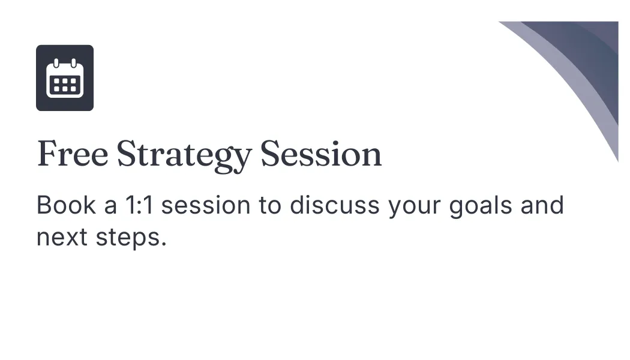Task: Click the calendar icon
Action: (65, 78)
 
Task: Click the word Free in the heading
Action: (73, 154)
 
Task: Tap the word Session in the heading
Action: (321, 154)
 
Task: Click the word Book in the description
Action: (66, 205)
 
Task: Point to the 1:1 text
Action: (139, 205)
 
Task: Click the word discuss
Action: (335, 205)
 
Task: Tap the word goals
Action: (481, 206)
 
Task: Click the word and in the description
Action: (542, 205)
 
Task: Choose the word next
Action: (62, 237)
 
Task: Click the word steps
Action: (128, 239)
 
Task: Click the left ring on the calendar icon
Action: (56, 63)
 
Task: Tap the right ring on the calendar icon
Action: (74, 63)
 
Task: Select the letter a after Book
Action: (110, 208)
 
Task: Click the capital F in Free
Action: (47, 154)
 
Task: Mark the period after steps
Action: (164, 244)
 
